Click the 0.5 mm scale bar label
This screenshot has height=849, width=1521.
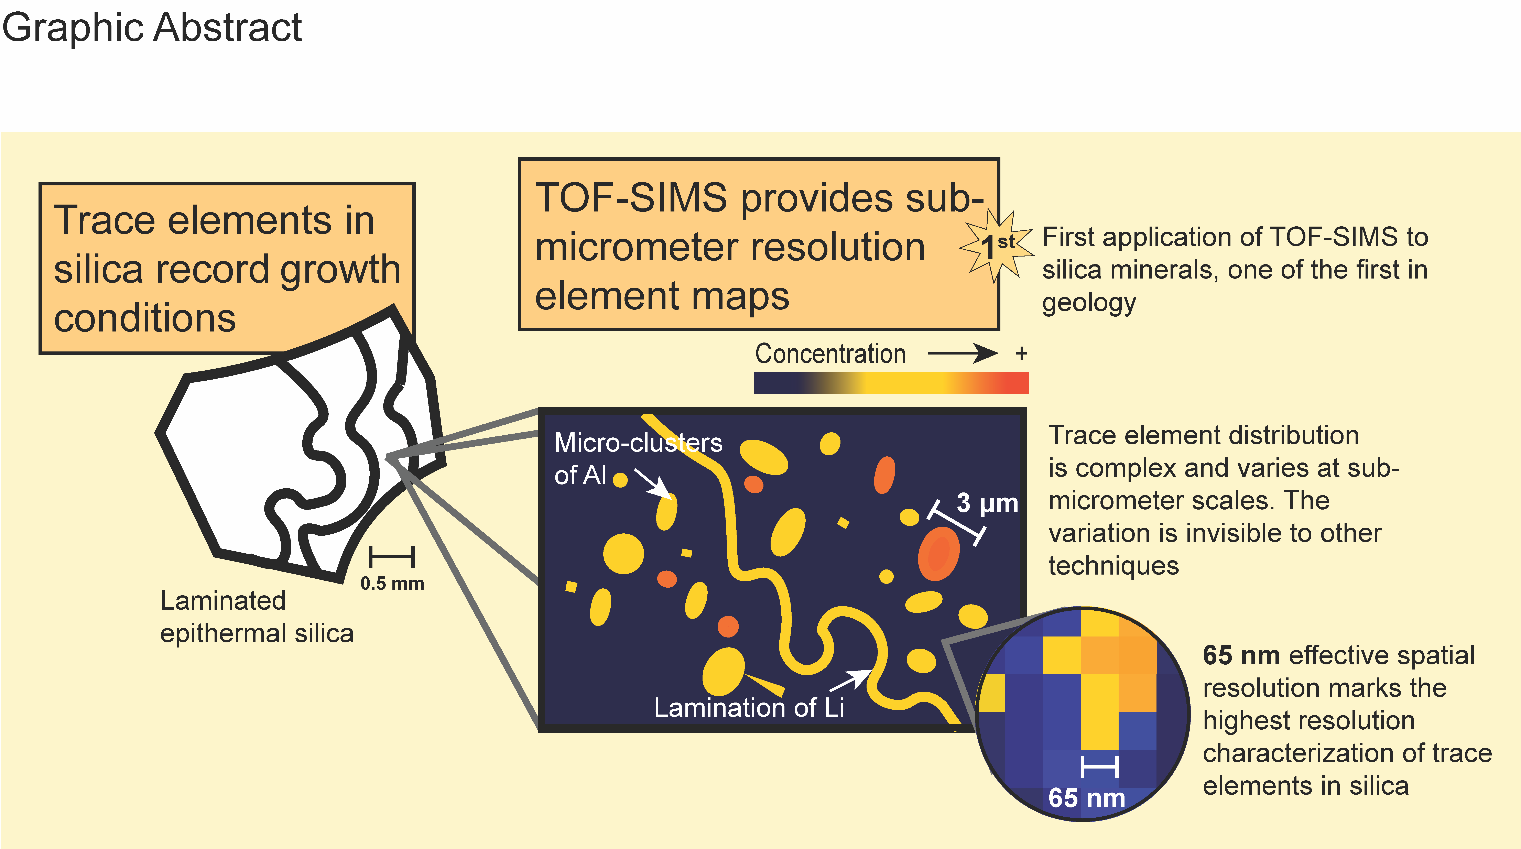pos(392,583)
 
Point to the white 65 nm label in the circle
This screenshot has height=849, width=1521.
pos(1086,798)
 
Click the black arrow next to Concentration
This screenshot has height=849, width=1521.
pos(963,354)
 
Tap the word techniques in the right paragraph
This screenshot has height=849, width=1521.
pos(1113,566)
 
